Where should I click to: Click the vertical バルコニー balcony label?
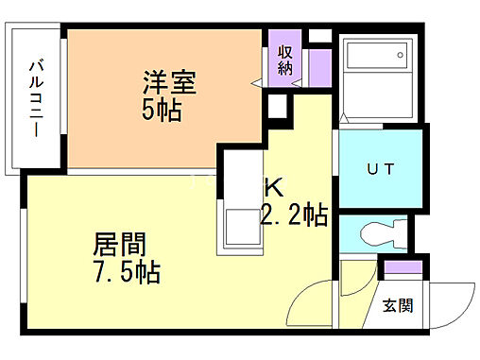click(37, 98)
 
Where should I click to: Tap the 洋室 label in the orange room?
click(170, 83)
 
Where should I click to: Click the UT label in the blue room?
click(380, 168)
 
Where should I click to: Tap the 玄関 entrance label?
click(398, 304)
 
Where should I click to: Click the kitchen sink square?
click(236, 227)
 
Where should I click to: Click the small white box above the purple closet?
click(319, 36)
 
